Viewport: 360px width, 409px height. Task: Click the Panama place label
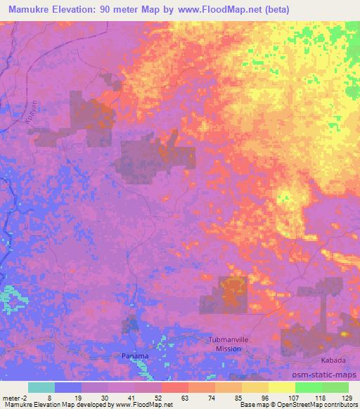pos(134,356)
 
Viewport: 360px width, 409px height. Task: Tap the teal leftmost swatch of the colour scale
pos(41,387)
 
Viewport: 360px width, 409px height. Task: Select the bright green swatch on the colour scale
pos(309,387)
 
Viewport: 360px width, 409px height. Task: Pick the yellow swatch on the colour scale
pos(282,387)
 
